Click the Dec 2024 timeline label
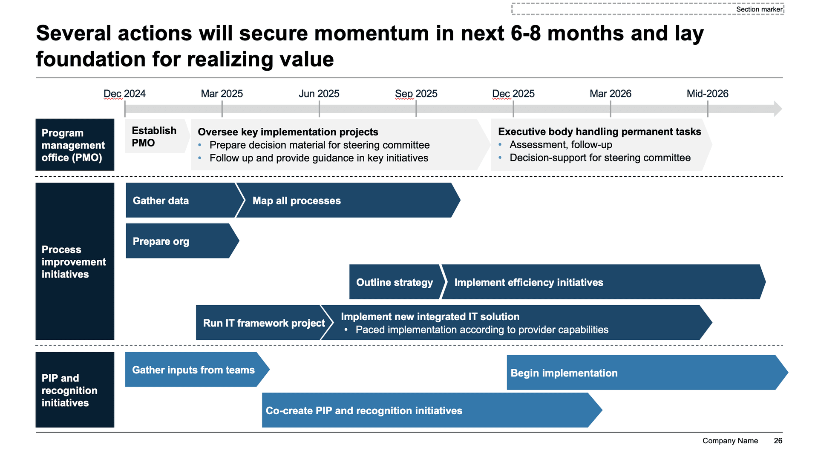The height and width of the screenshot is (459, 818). click(x=124, y=94)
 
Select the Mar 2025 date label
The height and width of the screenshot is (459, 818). click(x=222, y=94)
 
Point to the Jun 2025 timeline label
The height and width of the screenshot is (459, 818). click(x=319, y=94)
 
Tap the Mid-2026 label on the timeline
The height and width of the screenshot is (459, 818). click(x=707, y=94)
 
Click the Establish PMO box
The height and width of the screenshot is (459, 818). click(x=157, y=136)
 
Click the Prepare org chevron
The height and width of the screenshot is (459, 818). click(x=182, y=241)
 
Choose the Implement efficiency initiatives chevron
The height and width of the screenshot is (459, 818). click(x=603, y=282)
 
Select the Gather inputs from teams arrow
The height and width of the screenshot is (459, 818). click(x=197, y=370)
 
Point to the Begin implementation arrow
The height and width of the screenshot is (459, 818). click(x=647, y=373)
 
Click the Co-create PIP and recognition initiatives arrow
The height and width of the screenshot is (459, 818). click(x=432, y=410)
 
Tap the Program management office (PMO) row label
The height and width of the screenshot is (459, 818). click(x=75, y=145)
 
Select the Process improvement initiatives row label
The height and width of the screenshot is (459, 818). click(x=75, y=261)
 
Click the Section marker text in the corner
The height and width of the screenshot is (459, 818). click(x=759, y=9)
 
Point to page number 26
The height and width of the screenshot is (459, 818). click(x=778, y=441)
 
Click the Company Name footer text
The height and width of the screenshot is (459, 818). click(x=730, y=441)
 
